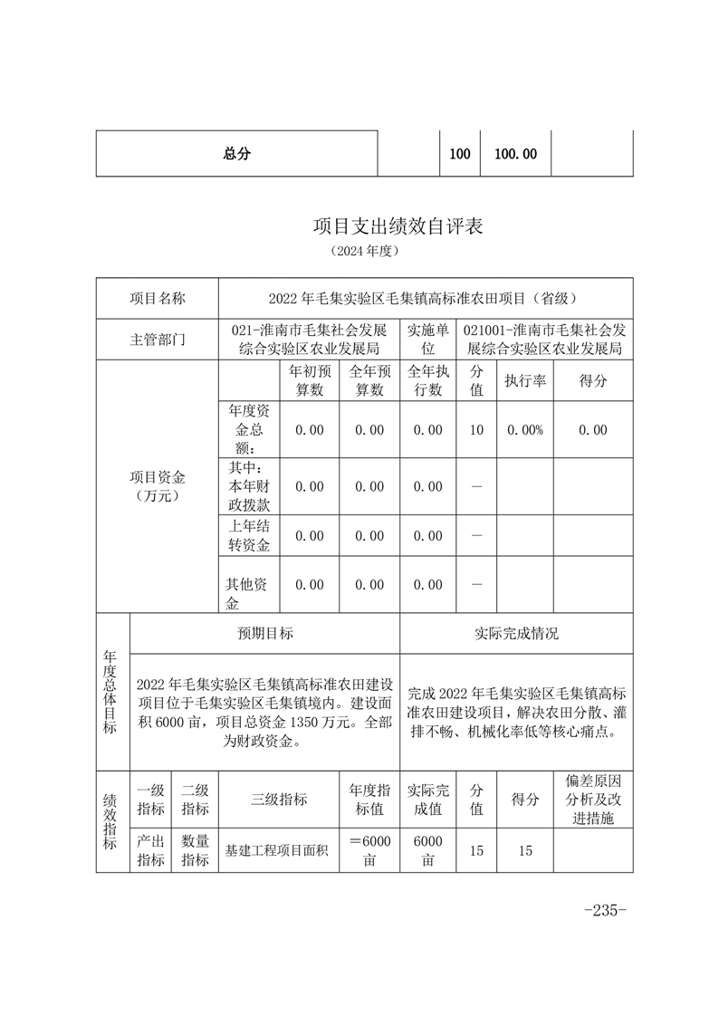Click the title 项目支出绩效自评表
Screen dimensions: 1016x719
tap(398, 225)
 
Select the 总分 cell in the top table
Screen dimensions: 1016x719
tap(236, 154)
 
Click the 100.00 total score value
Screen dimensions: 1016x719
tap(515, 154)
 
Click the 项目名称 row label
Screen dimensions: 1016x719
tap(158, 298)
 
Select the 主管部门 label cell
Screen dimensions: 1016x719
tap(158, 340)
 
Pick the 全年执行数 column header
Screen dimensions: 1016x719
tap(428, 381)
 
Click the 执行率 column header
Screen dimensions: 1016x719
tap(525, 381)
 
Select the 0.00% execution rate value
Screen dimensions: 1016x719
tap(525, 430)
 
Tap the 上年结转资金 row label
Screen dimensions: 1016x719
tap(248, 535)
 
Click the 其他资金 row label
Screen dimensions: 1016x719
tap(248, 585)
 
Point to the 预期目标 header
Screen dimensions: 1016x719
tap(265, 634)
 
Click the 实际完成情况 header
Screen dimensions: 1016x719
tap(516, 634)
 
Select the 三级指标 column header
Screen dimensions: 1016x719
tap(279, 799)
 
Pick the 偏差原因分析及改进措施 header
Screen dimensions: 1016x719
tap(593, 799)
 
